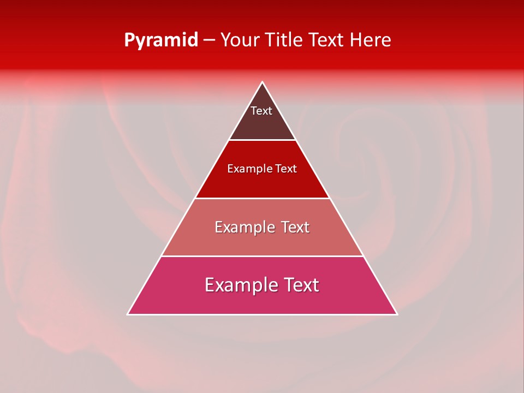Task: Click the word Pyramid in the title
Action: coord(161,40)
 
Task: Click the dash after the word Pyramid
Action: coord(209,41)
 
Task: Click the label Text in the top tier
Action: coord(261,111)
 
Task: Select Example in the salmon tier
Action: coord(244,228)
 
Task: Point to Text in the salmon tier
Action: coord(295,227)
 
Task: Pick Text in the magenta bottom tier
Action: coord(301,285)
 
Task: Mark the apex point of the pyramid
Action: coord(262,82)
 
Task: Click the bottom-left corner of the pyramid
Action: coord(128,314)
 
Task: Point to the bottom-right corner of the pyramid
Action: coord(396,314)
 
